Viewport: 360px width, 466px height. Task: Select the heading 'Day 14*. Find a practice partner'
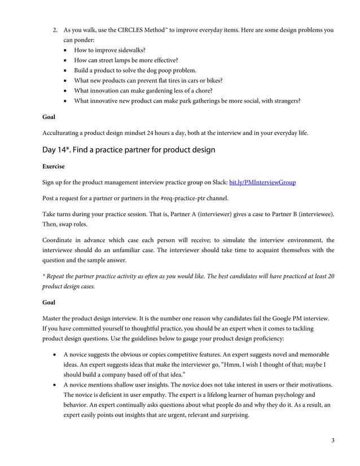pyautogui.click(x=128, y=150)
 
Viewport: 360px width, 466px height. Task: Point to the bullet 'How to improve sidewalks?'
pyautogui.click(x=106, y=50)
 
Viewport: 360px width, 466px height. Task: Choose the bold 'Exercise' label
pyautogui.click(x=54, y=167)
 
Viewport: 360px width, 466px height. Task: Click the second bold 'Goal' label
pyautogui.click(x=49, y=302)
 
